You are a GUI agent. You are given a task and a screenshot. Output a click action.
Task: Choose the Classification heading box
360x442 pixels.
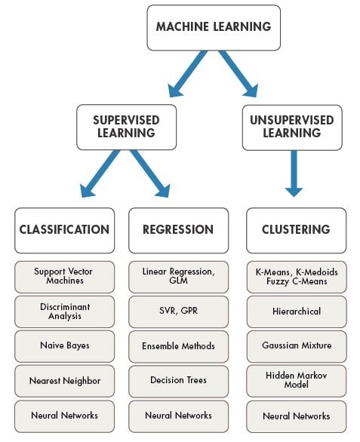tap(64, 230)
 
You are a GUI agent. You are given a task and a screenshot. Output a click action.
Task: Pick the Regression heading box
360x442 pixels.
tap(178, 230)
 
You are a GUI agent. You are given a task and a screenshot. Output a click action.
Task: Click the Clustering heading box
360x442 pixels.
tap(296, 230)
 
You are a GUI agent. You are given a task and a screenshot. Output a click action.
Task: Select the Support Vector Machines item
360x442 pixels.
tap(64, 276)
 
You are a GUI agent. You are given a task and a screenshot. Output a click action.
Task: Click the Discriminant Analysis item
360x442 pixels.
tap(64, 311)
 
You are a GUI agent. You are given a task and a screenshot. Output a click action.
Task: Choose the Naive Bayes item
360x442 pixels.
tap(64, 345)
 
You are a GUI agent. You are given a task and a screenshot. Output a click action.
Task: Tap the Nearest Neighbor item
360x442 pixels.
tap(64, 380)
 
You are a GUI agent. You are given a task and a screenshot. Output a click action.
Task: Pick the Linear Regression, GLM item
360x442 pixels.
tap(178, 276)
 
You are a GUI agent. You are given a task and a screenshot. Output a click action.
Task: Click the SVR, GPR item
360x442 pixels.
tap(178, 311)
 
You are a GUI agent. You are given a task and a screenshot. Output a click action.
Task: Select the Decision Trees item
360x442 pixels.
tap(178, 380)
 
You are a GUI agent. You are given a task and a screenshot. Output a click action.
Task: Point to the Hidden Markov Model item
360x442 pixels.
tap(296, 380)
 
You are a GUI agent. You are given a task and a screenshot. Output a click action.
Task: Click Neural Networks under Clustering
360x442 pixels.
tap(296, 416)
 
